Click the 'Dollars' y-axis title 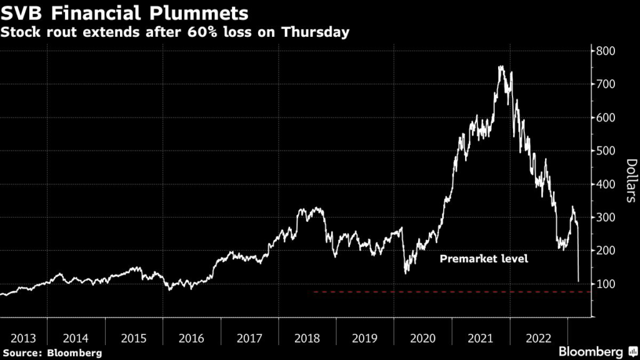point(631,181)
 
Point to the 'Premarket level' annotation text point(484,258)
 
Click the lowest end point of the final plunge point(578,281)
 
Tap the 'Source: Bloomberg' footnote point(52,353)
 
